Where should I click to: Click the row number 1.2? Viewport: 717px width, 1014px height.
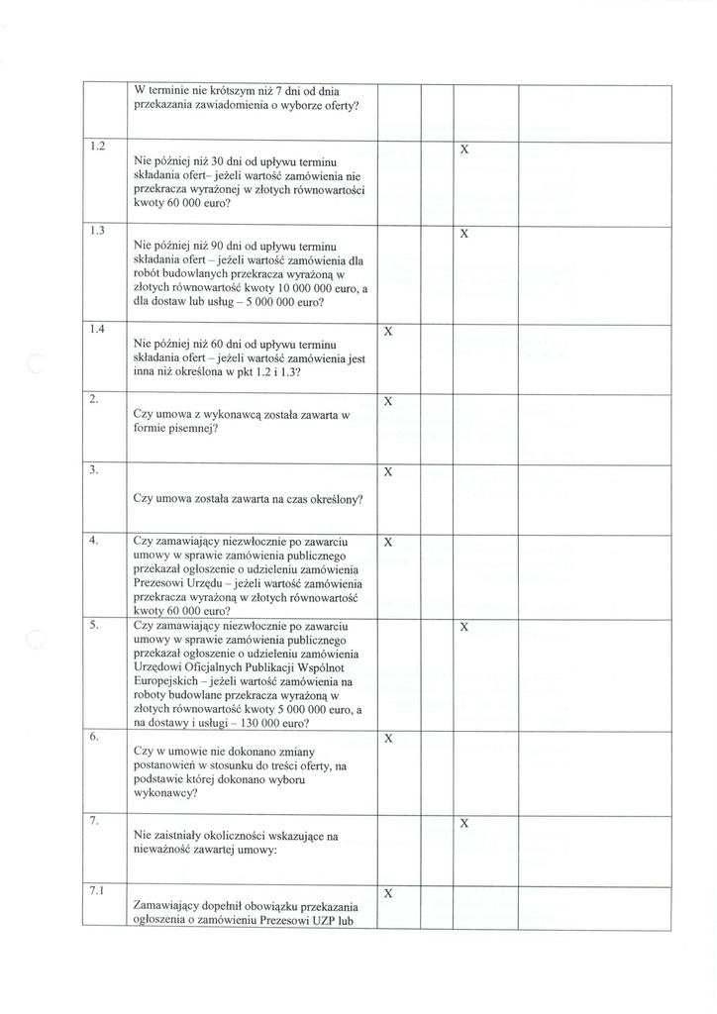(x=97, y=147)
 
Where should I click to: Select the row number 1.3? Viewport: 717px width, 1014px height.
(x=97, y=231)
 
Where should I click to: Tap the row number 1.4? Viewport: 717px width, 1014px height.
(x=97, y=328)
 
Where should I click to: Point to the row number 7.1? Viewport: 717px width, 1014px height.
(x=97, y=889)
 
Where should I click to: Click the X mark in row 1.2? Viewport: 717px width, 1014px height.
(x=463, y=149)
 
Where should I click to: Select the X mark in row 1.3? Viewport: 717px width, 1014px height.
(x=463, y=234)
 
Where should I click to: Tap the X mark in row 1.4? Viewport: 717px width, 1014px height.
(x=388, y=331)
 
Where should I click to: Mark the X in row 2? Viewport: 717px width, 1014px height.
(x=388, y=402)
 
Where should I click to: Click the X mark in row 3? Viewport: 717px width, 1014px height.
(x=388, y=472)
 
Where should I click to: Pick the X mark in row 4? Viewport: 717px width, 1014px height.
(x=388, y=544)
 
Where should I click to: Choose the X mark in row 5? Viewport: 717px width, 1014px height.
(x=463, y=628)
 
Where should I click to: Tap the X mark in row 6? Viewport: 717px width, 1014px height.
(x=388, y=739)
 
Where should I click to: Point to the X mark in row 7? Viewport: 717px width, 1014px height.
(x=463, y=824)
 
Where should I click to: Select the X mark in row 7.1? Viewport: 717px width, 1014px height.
(x=388, y=893)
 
